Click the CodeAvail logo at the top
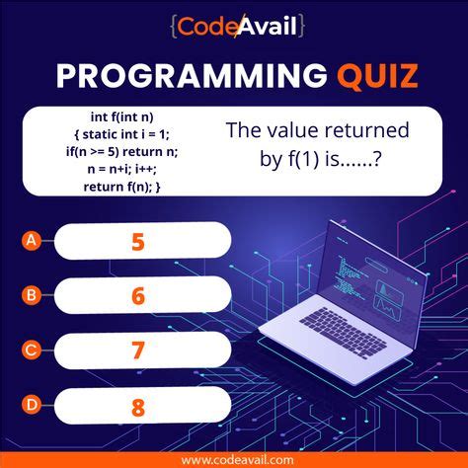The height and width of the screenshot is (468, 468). coord(234,24)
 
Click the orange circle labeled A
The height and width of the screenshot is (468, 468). coord(33,240)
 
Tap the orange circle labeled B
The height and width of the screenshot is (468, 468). coord(33,294)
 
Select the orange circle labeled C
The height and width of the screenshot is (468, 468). coord(33,349)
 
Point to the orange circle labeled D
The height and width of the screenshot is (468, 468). coord(33,404)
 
